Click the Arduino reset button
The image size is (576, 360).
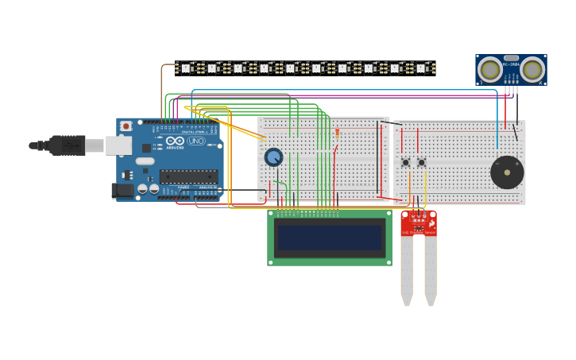click(126, 126)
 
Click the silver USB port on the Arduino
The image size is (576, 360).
click(118, 145)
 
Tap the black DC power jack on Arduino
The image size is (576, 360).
click(122, 190)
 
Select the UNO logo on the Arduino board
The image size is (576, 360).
click(195, 141)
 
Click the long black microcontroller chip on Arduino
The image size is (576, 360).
click(188, 176)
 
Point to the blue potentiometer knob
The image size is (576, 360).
click(273, 157)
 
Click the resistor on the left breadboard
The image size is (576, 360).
click(337, 133)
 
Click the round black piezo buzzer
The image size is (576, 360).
click(507, 172)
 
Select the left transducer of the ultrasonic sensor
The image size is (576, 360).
click(490, 70)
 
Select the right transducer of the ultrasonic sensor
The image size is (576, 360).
click(532, 70)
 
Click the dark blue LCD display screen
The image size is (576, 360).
click(330, 237)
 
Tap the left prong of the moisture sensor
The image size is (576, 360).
click(407, 270)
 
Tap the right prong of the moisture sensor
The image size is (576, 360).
click(431, 270)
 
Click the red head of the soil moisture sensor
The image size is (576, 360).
click(419, 223)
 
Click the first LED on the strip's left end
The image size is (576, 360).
click(186, 68)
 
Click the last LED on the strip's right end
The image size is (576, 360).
click(421, 68)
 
